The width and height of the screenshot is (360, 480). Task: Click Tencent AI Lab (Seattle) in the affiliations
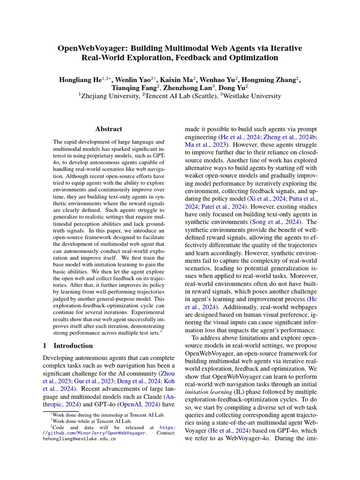[x=180, y=96]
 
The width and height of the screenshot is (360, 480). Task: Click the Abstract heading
[x=109, y=129]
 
